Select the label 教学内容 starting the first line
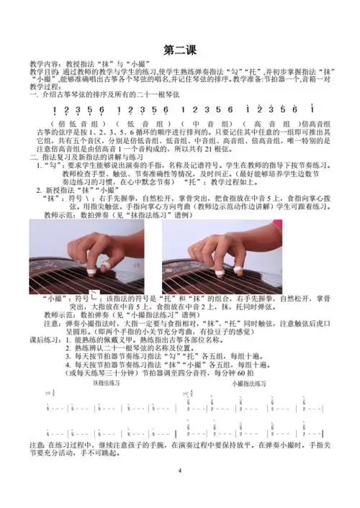(x=42, y=64)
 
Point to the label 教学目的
(x=42, y=72)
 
